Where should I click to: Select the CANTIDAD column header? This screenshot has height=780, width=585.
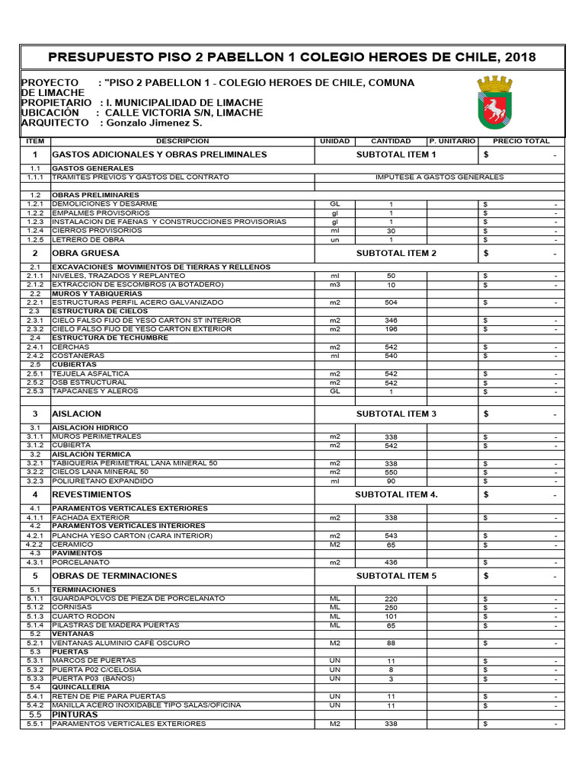point(391,141)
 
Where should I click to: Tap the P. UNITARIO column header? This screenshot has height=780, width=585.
point(452,141)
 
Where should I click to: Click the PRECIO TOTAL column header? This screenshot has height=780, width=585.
point(521,141)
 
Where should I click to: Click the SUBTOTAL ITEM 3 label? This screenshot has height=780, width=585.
point(396,414)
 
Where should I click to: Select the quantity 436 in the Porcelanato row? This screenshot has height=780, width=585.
point(391,563)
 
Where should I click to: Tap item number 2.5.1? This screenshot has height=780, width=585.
point(35,374)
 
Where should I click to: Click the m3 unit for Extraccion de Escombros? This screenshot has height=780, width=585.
point(334,284)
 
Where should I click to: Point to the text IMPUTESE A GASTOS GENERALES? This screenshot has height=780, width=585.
point(440,177)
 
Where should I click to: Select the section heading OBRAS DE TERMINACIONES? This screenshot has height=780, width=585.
point(114,576)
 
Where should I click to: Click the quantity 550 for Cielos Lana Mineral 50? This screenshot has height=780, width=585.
point(391,472)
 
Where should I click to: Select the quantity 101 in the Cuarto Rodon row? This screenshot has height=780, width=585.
point(391,616)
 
